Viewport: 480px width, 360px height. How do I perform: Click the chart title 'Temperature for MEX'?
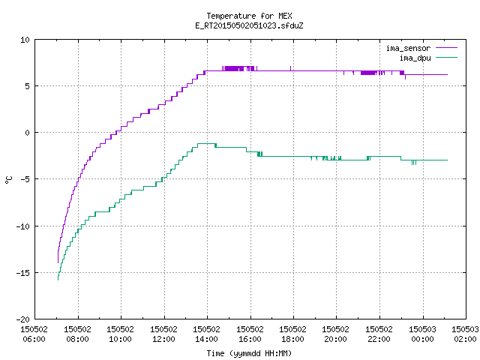249,16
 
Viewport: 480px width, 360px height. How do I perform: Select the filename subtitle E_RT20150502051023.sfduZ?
249,25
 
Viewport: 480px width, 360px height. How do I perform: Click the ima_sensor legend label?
408,48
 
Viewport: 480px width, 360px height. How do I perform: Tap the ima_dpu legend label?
415,58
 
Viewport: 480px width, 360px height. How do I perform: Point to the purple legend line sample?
446,48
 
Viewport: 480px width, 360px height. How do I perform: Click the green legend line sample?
446,58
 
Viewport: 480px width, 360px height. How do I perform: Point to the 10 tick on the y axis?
25,40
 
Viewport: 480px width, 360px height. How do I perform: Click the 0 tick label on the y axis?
27,133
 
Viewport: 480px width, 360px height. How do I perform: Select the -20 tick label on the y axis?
23,319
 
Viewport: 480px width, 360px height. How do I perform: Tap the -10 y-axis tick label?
23,226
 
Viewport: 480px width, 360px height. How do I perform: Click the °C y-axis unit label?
8,180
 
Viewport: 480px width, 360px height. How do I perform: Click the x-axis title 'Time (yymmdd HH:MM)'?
249,353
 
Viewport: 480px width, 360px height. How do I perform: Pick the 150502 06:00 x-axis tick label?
34,334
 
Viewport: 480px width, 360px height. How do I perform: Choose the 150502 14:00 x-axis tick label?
207,334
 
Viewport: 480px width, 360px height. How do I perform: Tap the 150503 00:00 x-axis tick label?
422,334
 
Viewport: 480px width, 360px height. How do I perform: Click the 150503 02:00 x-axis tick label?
465,334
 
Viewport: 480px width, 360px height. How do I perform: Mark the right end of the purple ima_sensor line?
448,74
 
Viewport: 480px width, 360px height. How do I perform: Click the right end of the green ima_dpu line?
448,160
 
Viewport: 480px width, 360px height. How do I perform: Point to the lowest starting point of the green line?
58,280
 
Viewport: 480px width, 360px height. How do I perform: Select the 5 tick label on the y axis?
27,86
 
